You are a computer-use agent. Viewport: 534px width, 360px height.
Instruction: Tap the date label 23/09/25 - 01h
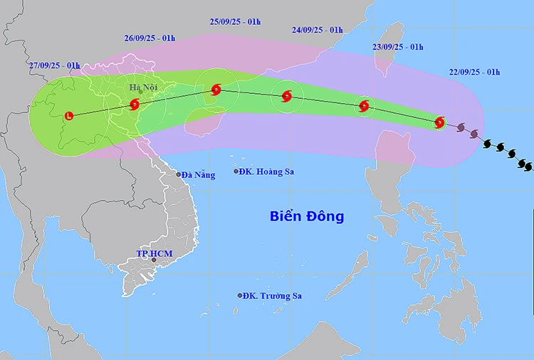click(x=397, y=47)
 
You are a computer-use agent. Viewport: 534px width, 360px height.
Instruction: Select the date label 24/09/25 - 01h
click(x=317, y=30)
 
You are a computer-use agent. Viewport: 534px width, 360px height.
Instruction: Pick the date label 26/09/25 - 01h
click(x=150, y=38)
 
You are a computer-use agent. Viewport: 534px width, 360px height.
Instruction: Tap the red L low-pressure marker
click(x=68, y=115)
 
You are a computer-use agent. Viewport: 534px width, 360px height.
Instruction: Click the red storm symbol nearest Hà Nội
click(x=135, y=105)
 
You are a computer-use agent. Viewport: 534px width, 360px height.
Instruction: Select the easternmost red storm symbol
click(x=439, y=122)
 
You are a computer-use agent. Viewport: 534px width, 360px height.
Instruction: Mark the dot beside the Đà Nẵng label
click(x=179, y=174)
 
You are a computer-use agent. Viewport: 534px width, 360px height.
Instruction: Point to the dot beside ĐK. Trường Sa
click(x=240, y=296)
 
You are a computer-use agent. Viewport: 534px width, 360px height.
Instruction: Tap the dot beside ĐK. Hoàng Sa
click(x=236, y=171)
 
